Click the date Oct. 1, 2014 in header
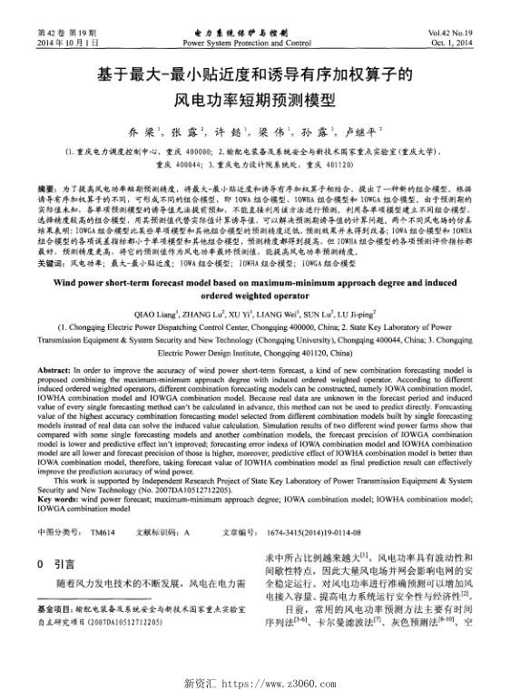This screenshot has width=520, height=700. point(461,43)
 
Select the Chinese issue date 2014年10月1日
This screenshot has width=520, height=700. point(63,43)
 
